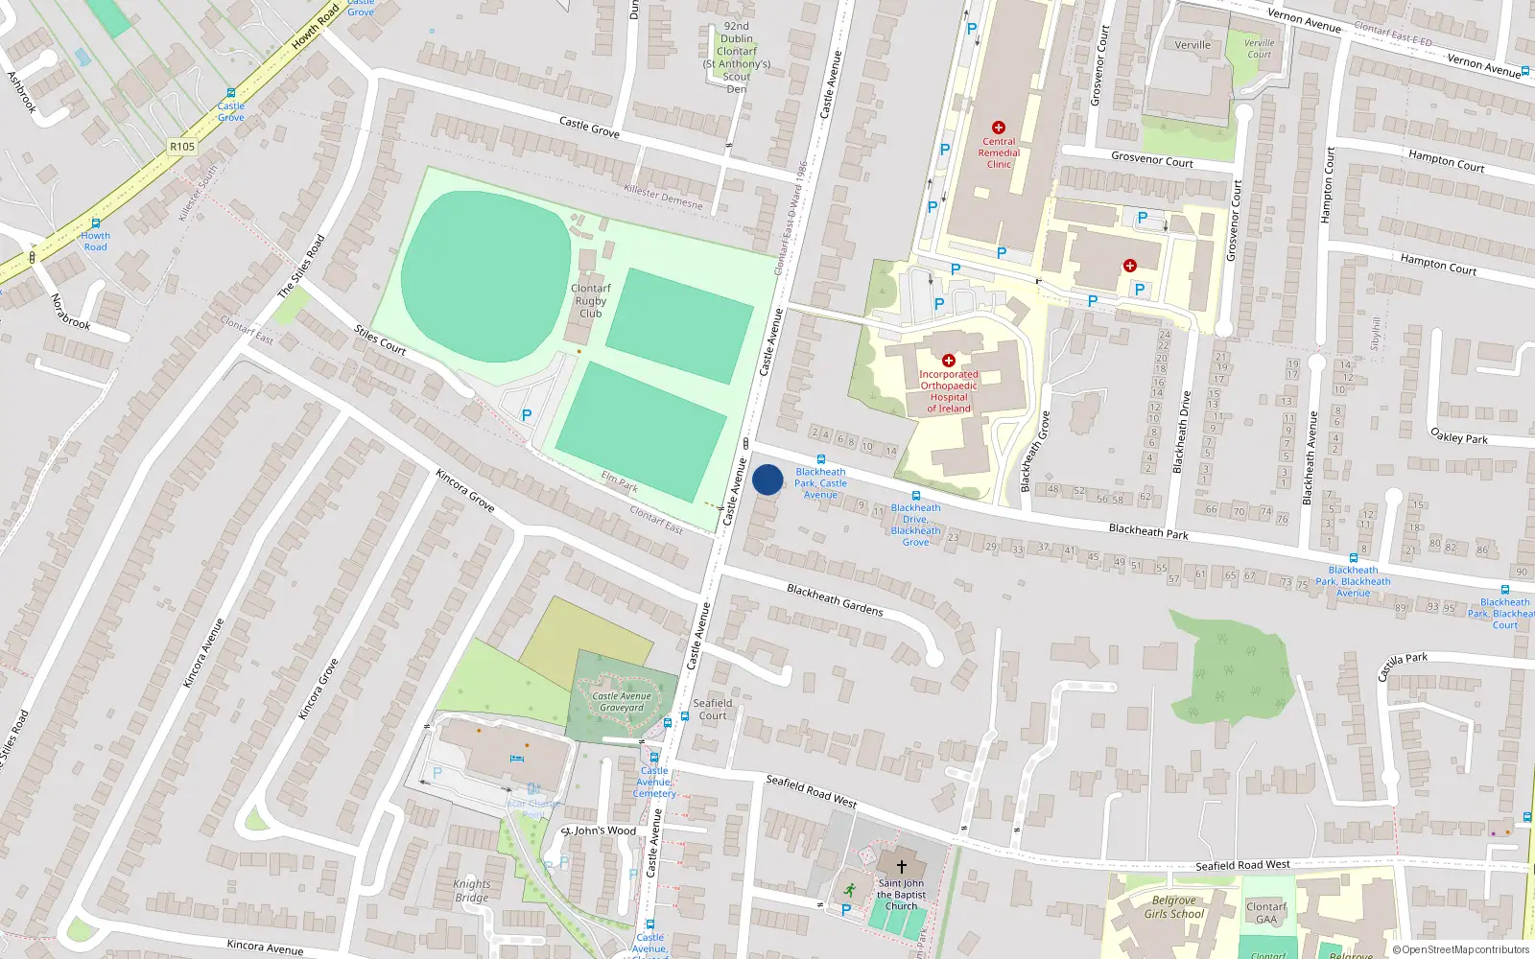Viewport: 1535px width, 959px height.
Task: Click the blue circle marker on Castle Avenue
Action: tap(767, 479)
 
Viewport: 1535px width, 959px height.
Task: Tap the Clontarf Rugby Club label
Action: tap(590, 300)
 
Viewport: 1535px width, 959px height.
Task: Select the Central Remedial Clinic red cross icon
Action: tap(999, 128)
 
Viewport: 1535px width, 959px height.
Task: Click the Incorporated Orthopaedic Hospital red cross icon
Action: tap(949, 361)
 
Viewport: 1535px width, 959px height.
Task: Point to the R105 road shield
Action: tap(182, 147)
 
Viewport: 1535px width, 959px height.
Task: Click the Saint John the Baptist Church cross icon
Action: tap(901, 867)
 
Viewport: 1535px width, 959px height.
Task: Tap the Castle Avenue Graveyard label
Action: tap(622, 702)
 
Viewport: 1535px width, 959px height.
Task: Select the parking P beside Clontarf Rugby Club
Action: tap(526, 415)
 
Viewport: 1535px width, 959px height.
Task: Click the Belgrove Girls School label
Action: tap(1173, 907)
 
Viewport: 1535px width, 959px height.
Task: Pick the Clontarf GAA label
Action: tap(1266, 913)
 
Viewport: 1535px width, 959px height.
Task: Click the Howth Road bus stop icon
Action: tap(95, 223)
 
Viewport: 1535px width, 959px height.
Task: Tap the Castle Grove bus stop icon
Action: tap(231, 94)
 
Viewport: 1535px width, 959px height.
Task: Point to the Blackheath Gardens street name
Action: tap(835, 599)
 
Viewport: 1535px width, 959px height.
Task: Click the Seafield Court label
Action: tap(713, 709)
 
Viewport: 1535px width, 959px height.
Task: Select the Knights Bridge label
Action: tap(471, 891)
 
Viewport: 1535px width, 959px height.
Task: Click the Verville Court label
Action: tap(1259, 49)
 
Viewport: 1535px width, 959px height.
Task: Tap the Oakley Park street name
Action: tap(1458, 436)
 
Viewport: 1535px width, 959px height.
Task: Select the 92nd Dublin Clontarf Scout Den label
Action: tap(737, 58)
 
